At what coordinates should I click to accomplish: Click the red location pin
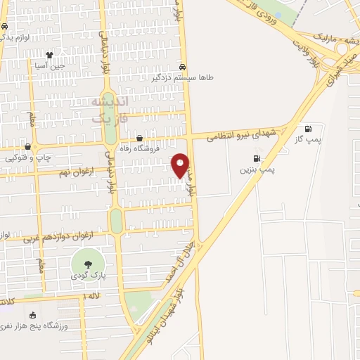click(181, 165)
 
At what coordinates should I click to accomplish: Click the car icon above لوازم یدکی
click(5, 26)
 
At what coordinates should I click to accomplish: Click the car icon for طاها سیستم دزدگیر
click(183, 67)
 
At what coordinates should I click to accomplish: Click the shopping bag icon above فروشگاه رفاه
click(140, 138)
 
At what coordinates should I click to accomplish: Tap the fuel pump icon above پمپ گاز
click(308, 129)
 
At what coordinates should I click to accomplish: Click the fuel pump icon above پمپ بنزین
click(256, 158)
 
